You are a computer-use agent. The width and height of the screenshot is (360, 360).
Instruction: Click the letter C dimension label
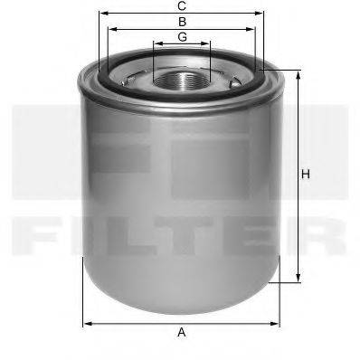pos(182,6)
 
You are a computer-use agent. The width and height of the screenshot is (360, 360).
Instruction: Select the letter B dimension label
pos(182,21)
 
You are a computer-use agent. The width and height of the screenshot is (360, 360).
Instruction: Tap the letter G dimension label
pos(182,36)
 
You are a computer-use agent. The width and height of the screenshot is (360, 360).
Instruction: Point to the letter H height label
pos(307,175)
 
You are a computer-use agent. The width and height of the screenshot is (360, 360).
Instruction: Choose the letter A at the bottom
pos(182,333)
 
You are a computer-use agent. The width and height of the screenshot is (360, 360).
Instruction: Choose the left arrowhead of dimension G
pos(155,43)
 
